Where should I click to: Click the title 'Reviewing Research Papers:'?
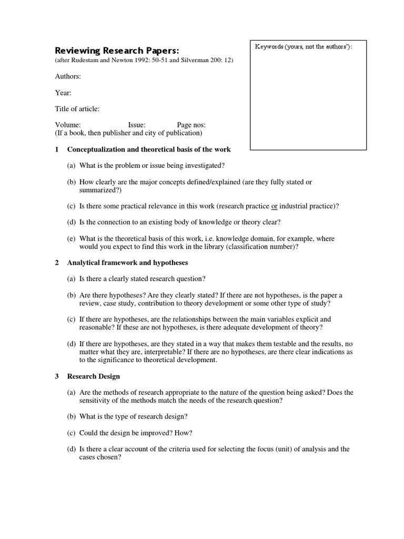[117, 51]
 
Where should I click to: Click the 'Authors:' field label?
[68, 76]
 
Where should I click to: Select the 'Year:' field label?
[63, 93]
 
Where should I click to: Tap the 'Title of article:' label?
[77, 109]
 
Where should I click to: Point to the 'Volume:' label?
[68, 125]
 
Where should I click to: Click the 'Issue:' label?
[137, 125]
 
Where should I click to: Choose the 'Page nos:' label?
[191, 125]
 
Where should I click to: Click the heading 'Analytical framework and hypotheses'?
[127, 262]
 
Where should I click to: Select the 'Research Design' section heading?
[94, 376]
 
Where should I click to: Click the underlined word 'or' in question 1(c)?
[274, 206]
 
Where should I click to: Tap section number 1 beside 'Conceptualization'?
[57, 149]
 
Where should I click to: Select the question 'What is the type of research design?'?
[134, 416]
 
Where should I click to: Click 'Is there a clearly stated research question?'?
[142, 278]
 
